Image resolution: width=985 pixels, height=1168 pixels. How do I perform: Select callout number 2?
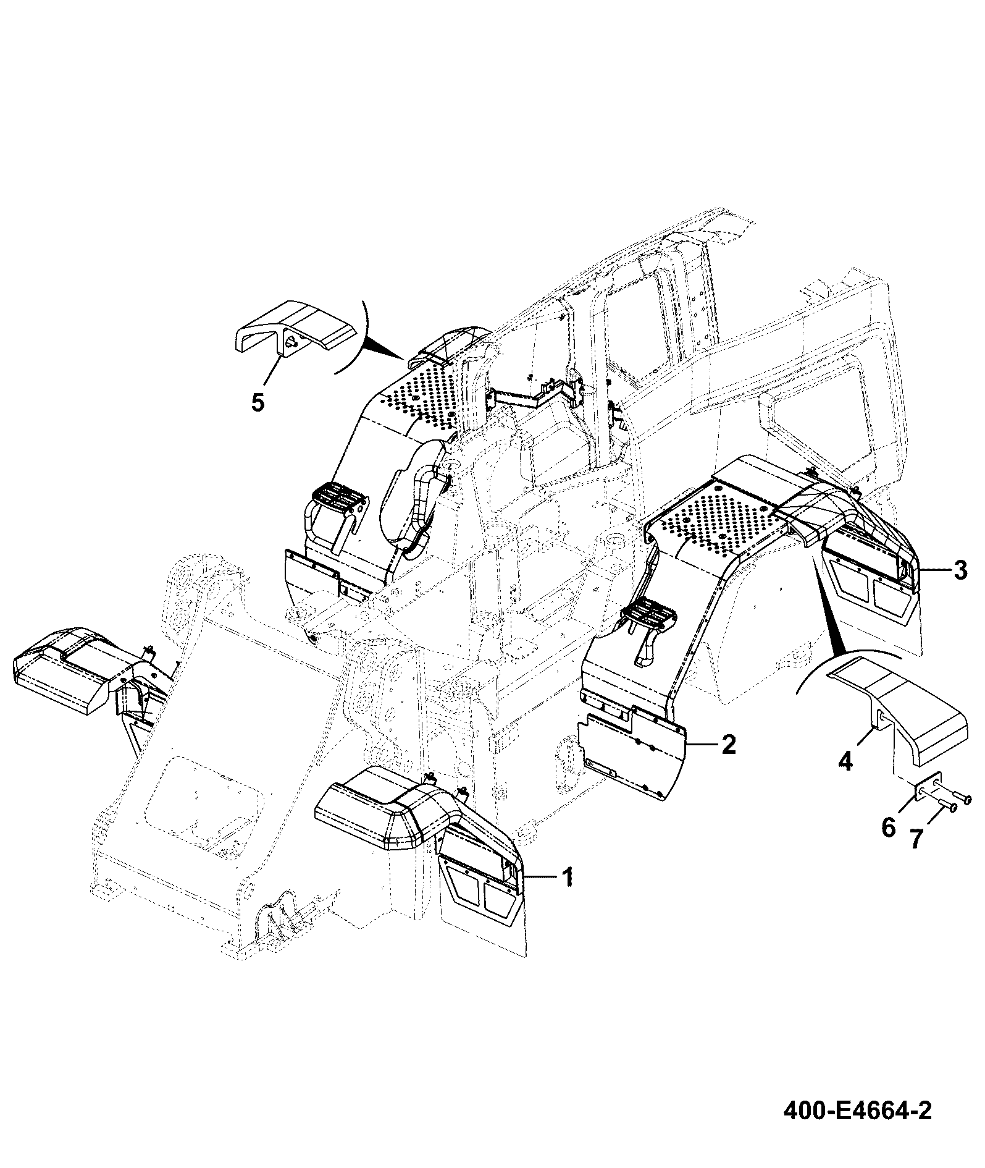pyautogui.click(x=729, y=745)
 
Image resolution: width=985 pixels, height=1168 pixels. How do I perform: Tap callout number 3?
pyautogui.click(x=960, y=570)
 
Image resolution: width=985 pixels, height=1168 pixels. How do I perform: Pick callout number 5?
pyautogui.click(x=258, y=402)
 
